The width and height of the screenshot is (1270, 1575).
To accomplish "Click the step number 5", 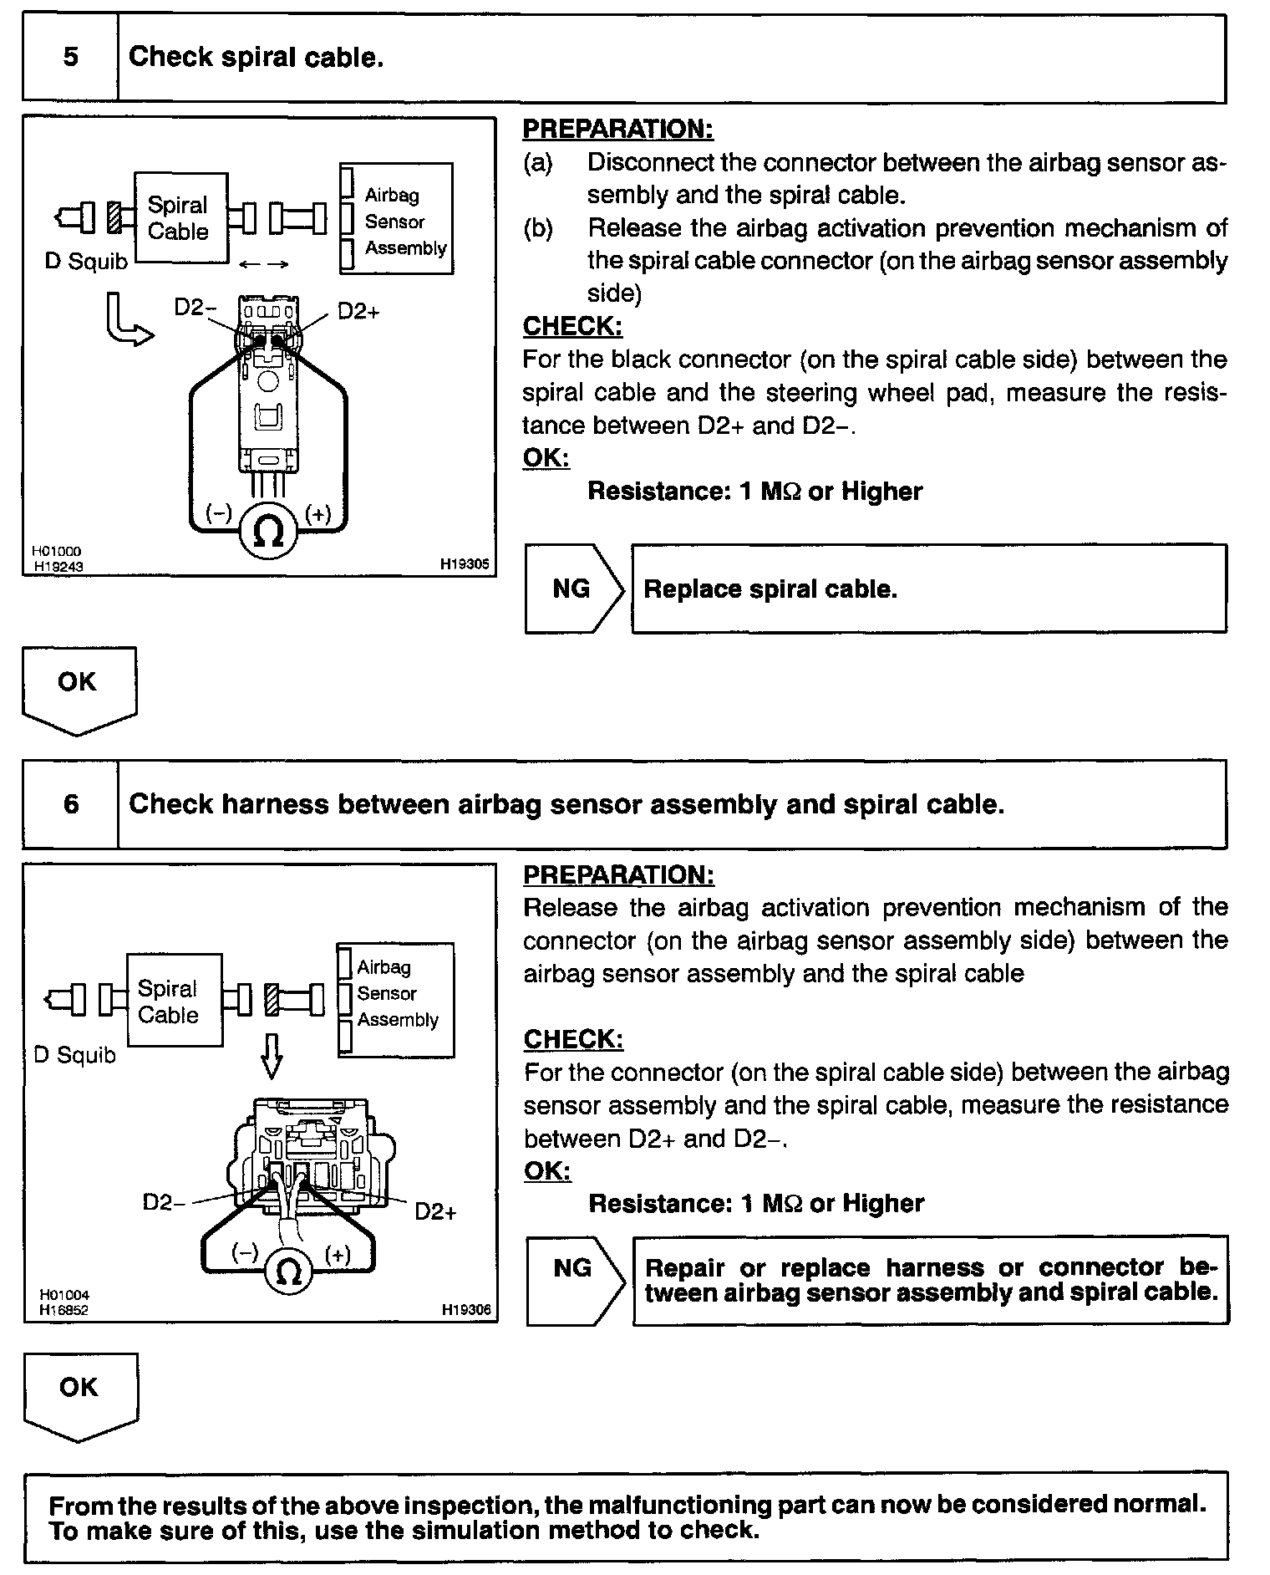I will click(71, 57).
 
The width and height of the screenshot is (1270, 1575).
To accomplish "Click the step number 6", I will click(71, 804).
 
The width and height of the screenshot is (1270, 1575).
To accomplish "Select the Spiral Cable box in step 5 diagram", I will click(180, 218).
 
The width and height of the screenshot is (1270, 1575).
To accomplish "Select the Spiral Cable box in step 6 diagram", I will click(174, 1001).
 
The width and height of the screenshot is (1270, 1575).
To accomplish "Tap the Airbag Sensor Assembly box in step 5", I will click(397, 219).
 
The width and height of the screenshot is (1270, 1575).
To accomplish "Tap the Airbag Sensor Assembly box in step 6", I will click(396, 1001).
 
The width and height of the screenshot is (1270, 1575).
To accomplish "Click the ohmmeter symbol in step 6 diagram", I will click(288, 1272).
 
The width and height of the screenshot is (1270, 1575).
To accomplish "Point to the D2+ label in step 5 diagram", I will click(358, 312).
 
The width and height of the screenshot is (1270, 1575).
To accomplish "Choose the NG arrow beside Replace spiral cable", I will click(575, 589).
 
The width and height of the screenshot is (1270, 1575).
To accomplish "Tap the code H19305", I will click(465, 564).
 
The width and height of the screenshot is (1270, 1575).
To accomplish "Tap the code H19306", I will click(466, 1310).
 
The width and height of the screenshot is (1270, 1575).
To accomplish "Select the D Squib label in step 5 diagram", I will click(86, 262).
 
